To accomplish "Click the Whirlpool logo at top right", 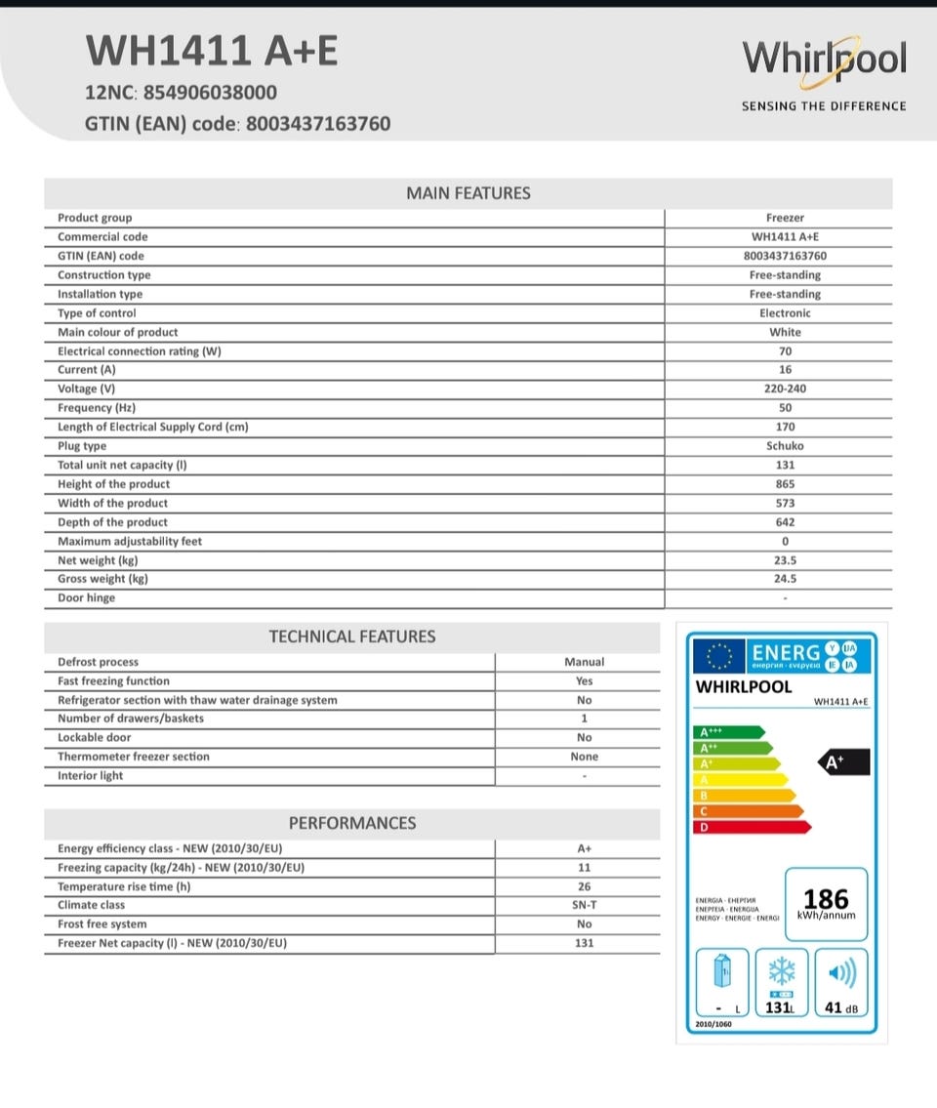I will point(824,60).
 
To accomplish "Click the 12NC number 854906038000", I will point(210,93).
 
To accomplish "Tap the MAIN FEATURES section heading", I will point(468,193).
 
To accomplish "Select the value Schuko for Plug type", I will point(786,446).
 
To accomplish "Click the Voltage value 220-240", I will point(786,389).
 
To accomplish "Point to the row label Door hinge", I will point(86,598).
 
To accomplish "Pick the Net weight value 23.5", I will point(786,560).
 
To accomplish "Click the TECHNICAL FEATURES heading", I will point(352,636).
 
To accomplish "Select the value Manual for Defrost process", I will point(584,662).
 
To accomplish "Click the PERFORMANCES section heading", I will point(352,823).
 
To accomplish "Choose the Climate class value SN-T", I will point(584,905).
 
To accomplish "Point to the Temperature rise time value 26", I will point(584,886).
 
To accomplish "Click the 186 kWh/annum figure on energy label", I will point(826,902).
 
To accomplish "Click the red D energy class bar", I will point(752,827).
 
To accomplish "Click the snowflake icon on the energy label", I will point(781,971).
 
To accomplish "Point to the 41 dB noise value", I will point(839,1007).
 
